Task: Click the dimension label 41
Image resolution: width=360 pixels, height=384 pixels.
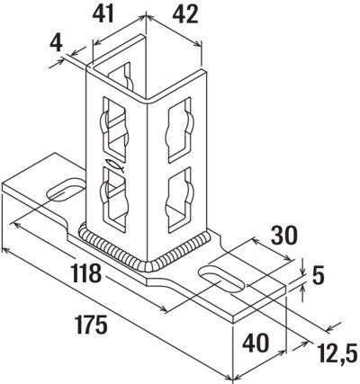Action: click(x=103, y=14)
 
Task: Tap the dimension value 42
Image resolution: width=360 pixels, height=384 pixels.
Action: click(x=185, y=14)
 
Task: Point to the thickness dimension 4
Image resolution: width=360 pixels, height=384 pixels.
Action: click(x=56, y=43)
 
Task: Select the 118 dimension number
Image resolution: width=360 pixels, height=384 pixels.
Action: click(x=86, y=273)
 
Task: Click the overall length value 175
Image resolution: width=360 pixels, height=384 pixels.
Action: click(x=91, y=325)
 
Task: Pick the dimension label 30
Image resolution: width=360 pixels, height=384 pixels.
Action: click(x=284, y=236)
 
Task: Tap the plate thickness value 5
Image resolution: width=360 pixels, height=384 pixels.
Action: click(x=318, y=275)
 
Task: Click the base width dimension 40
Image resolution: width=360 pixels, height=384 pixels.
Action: click(x=256, y=344)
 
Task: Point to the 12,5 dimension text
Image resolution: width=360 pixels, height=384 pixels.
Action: click(x=336, y=353)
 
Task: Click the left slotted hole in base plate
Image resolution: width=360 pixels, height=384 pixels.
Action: click(x=65, y=190)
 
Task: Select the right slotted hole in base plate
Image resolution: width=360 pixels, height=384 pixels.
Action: click(x=221, y=279)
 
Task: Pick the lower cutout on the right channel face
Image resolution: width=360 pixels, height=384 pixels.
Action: click(x=179, y=200)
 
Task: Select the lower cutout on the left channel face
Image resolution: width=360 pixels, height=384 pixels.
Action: click(x=115, y=199)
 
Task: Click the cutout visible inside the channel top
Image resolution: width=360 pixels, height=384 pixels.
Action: click(x=121, y=77)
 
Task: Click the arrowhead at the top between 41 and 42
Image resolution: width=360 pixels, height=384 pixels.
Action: click(x=146, y=16)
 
